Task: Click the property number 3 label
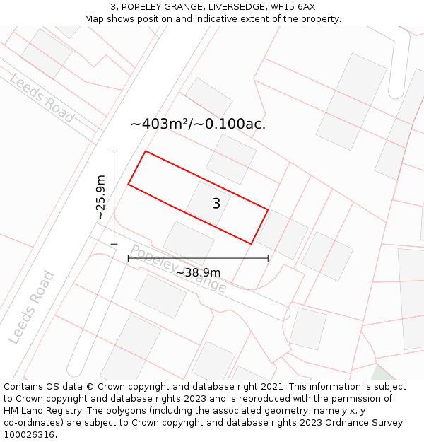pos(216,204)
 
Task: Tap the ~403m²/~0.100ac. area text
pos(198,124)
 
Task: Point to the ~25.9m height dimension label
pos(101,197)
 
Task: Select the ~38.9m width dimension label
pos(198,272)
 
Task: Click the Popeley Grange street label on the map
pos(178,269)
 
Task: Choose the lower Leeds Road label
pos(31,307)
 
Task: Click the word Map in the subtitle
pos(95,18)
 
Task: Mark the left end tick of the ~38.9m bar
pos(128,258)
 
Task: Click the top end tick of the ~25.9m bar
pos(114,151)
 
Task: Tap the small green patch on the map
pos(382,373)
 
